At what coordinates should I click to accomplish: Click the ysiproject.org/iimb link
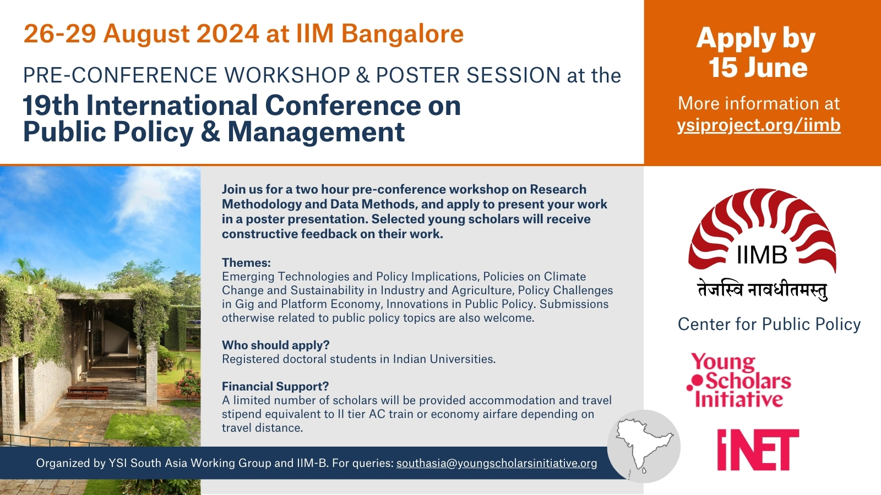(x=759, y=125)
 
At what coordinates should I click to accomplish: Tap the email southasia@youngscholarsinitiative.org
(x=497, y=463)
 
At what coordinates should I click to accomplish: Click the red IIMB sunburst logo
(x=762, y=230)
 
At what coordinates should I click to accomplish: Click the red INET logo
(x=758, y=449)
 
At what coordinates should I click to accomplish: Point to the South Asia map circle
(x=644, y=446)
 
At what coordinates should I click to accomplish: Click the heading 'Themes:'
(x=246, y=262)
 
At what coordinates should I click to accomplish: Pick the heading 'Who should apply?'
(x=276, y=345)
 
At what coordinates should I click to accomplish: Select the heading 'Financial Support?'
(x=275, y=386)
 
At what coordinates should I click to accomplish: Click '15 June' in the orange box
(x=758, y=68)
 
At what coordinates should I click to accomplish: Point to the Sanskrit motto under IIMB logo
(x=762, y=290)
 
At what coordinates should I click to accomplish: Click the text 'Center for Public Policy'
(x=769, y=324)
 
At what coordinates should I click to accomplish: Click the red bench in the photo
(x=88, y=392)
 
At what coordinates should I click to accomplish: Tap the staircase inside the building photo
(x=118, y=346)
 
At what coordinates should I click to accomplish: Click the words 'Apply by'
(x=756, y=39)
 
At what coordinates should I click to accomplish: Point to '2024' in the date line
(x=228, y=34)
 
